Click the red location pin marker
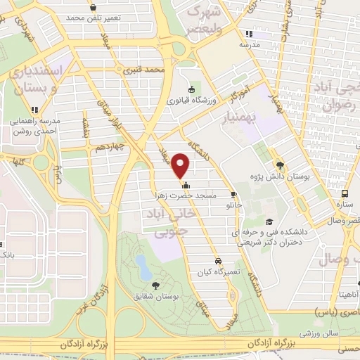click(x=181, y=165)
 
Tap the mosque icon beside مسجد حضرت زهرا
click(x=186, y=186)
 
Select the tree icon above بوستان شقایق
click(x=155, y=284)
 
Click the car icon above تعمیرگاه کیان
click(x=219, y=259)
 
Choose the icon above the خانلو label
click(x=234, y=196)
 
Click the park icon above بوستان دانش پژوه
click(x=281, y=165)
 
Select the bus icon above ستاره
click(x=344, y=193)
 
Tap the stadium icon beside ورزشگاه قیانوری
click(x=192, y=89)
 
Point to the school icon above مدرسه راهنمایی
click(x=34, y=110)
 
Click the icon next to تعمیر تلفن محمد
click(x=92, y=15)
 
